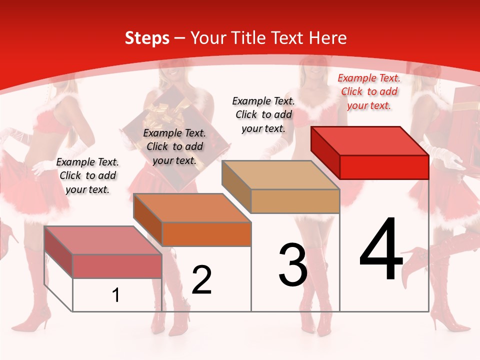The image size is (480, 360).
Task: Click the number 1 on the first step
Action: point(116,295)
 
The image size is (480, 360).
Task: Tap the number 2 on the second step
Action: point(201,280)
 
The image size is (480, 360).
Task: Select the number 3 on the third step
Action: point(292,264)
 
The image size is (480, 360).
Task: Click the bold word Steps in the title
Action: point(147,38)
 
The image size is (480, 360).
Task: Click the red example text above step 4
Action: point(369,91)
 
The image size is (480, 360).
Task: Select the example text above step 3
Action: point(263,114)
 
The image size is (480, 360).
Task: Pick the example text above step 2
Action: point(174,146)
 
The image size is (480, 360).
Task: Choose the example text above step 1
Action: point(87,175)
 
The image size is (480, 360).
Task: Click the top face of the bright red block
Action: point(370,141)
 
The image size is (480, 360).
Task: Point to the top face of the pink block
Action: point(103,240)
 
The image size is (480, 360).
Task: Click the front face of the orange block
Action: point(206,234)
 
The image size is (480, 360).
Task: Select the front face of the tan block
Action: point(295,201)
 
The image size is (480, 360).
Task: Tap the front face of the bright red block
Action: point(384,167)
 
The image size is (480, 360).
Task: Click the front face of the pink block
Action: point(117,266)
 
